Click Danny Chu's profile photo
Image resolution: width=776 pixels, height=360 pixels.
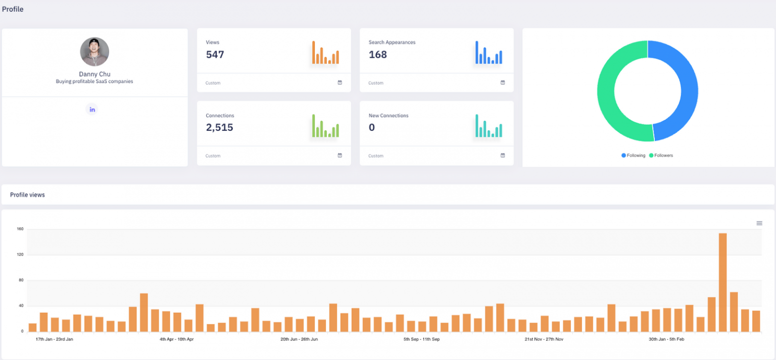[x=94, y=52]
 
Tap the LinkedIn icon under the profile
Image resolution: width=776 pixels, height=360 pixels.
[x=91, y=110]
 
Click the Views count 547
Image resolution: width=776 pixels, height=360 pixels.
[x=215, y=55]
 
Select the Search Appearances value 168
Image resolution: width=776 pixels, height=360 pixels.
[x=377, y=55]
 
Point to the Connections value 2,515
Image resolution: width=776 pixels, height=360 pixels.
[x=219, y=128]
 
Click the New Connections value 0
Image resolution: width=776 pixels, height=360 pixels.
[x=372, y=128]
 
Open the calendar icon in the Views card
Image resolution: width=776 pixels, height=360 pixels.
[x=340, y=83]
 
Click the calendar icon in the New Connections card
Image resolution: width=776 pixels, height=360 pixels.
[x=503, y=156]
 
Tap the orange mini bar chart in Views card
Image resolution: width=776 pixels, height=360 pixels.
[x=325, y=53]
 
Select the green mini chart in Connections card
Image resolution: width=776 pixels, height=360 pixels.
[x=325, y=126]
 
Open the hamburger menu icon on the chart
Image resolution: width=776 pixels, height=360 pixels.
[x=759, y=223]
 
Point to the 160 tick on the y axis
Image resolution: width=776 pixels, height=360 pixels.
[x=20, y=229]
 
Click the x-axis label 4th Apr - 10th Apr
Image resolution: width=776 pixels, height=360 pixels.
[x=177, y=339]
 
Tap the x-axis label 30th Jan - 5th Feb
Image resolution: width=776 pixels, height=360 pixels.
[x=666, y=339]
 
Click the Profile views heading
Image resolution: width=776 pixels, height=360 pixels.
[x=27, y=195]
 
